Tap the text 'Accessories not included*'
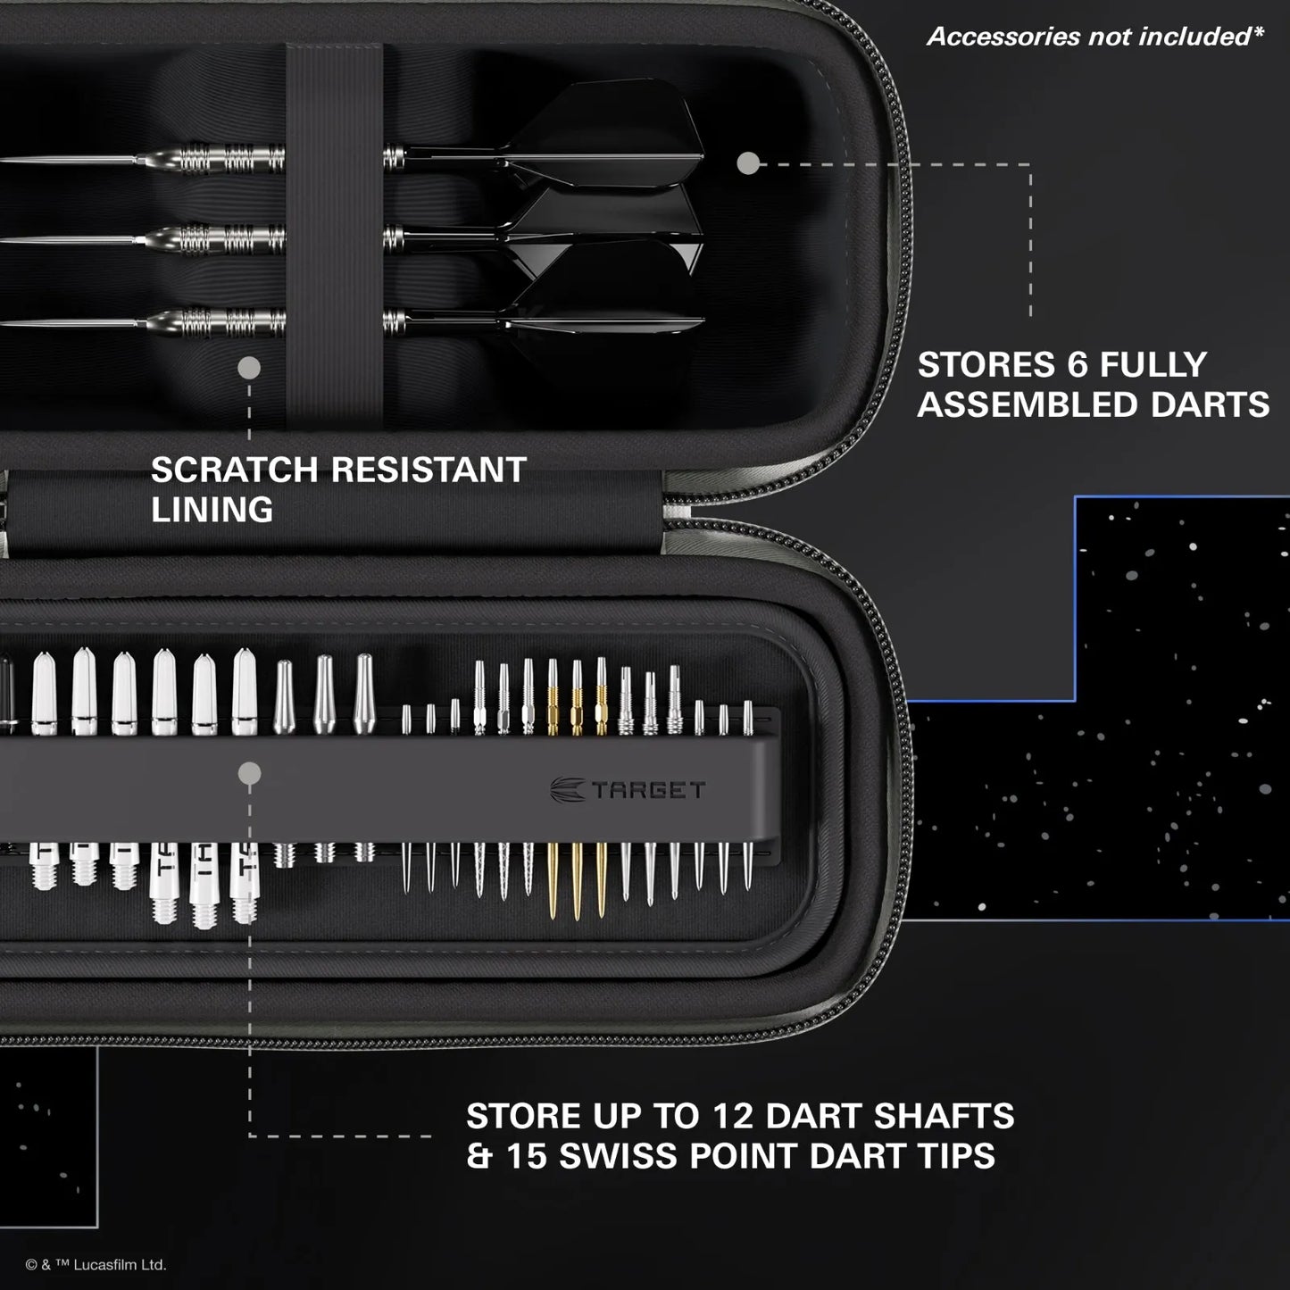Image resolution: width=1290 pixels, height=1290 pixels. click(1095, 37)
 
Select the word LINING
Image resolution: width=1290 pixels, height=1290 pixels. click(212, 510)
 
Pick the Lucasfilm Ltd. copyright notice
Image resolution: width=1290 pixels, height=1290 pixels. click(96, 1264)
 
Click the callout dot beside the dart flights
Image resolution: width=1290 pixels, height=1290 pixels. click(749, 162)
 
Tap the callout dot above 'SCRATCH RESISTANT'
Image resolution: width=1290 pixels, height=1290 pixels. click(249, 367)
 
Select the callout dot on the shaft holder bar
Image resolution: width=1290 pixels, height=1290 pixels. click(250, 773)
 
